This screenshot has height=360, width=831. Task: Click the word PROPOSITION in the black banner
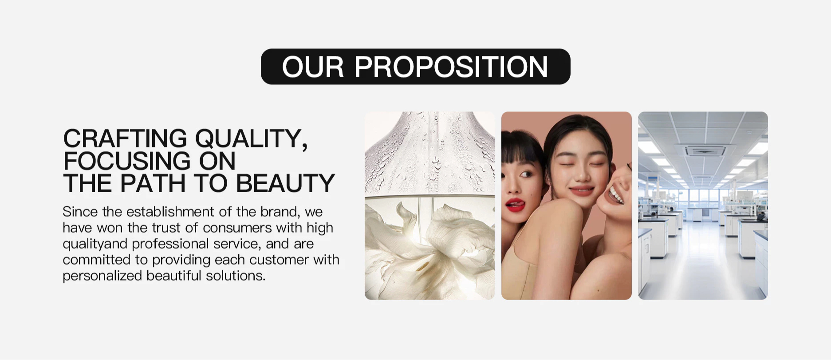pyautogui.click(x=451, y=67)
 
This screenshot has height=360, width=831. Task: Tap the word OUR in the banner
pyautogui.click(x=313, y=67)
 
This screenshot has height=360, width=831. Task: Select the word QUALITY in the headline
pyautogui.click(x=251, y=139)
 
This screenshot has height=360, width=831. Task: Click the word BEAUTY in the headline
pyautogui.click(x=285, y=183)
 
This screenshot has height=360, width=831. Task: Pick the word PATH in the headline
pyautogui.click(x=153, y=183)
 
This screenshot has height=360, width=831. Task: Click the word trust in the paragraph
pyautogui.click(x=166, y=228)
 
